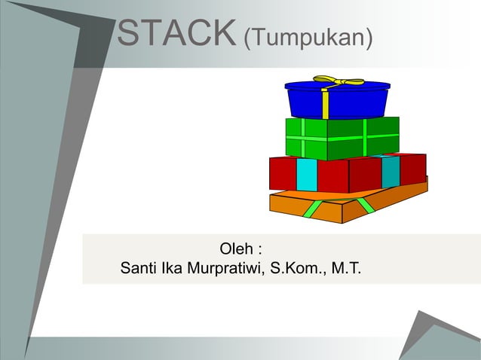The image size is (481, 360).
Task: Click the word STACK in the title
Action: tap(178, 32)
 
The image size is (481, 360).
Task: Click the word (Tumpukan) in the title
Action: tap(308, 35)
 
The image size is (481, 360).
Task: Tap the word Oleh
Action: tap(236, 249)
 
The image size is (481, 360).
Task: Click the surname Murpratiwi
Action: tap(225, 268)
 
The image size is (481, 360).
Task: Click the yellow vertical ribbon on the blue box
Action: tap(325, 104)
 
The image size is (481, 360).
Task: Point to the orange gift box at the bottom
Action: tap(332, 206)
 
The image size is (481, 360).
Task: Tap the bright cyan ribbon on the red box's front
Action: tap(306, 174)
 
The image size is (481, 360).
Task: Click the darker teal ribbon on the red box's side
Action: tap(391, 172)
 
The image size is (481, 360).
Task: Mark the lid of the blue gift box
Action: tap(337, 85)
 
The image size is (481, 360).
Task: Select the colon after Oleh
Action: tap(259, 249)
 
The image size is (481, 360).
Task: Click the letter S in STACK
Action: tap(130, 32)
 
